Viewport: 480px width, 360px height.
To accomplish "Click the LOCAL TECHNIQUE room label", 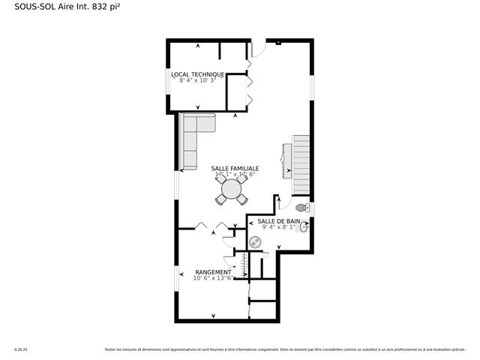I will (x=197, y=74).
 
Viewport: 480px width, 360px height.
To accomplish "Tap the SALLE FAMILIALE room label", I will (x=235, y=169).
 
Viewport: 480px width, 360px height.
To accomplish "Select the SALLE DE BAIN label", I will (x=278, y=221).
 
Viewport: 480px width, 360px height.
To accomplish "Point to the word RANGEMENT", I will (x=213, y=272).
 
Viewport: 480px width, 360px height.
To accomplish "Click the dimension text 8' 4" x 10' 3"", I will (x=197, y=80).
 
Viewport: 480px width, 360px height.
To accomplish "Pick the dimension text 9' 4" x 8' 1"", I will (x=278, y=227).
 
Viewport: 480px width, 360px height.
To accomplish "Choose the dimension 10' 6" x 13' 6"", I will (x=213, y=278).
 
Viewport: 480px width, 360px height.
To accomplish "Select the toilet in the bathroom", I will (x=302, y=208).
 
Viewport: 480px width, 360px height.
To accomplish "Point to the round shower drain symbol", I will (x=255, y=241).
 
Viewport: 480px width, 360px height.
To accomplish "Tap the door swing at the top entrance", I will (x=257, y=49).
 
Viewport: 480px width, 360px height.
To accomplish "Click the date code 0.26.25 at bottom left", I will (x=20, y=349).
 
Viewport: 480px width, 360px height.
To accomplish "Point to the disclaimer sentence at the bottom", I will (x=284, y=349).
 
